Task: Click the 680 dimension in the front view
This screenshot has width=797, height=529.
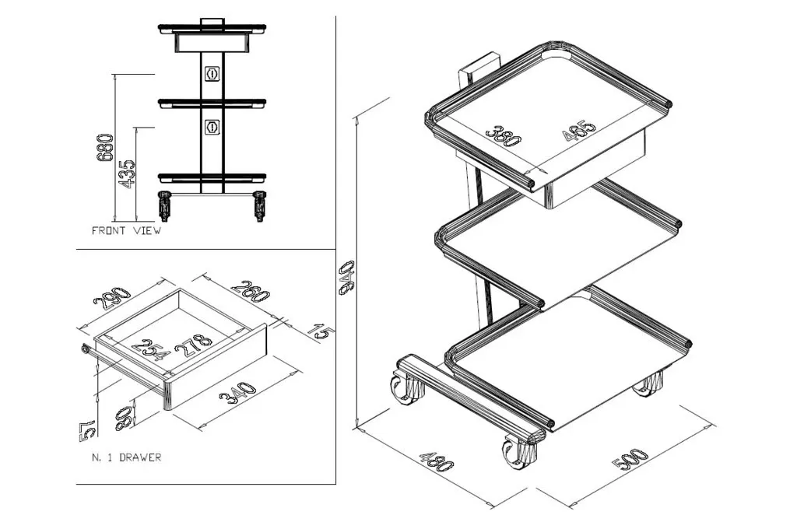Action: [105, 147]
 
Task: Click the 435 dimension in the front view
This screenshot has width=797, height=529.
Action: [127, 174]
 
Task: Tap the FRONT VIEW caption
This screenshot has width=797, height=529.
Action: [126, 230]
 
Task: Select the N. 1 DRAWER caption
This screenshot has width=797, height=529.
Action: [126, 457]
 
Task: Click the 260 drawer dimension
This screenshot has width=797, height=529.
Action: [251, 291]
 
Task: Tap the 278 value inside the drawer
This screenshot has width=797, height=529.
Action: [194, 346]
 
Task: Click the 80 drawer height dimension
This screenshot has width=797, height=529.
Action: [125, 419]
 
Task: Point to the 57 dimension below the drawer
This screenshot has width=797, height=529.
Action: [87, 429]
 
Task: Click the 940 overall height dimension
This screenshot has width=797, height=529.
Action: [346, 278]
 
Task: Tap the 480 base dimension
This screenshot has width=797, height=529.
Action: [436, 461]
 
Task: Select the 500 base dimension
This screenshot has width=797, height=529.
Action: [630, 460]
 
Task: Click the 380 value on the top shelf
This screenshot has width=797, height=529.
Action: [504, 135]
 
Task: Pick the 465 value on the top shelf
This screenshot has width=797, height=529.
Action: [579, 130]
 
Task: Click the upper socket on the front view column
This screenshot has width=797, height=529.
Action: [212, 74]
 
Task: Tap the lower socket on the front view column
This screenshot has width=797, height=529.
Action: [212, 126]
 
